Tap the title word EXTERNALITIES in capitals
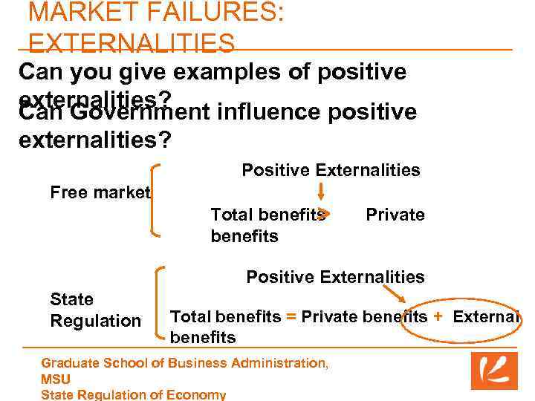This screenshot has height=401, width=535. [x=132, y=44]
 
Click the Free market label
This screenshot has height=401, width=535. [x=100, y=192]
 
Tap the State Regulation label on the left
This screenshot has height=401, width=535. [x=95, y=310]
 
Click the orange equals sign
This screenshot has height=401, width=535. [x=291, y=316]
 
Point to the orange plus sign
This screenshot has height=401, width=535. [x=438, y=316]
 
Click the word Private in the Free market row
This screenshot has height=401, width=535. [x=395, y=215]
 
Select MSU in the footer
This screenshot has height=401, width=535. [x=56, y=379]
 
